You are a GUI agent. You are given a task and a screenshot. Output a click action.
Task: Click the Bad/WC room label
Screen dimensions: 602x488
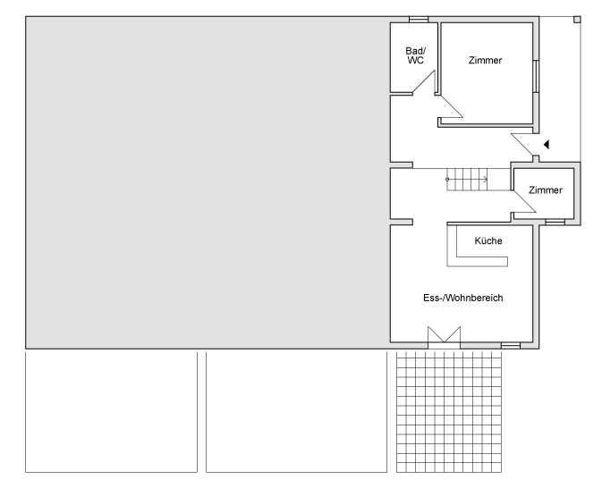tap(416, 55)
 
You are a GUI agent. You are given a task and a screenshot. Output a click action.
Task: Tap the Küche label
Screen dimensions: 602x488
tap(488, 240)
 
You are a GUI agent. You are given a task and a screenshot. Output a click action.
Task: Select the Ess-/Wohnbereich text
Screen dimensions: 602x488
tap(463, 298)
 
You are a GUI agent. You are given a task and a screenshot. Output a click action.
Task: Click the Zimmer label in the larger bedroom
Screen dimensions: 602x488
tap(486, 60)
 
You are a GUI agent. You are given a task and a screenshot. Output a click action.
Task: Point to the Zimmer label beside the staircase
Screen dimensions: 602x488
tap(546, 189)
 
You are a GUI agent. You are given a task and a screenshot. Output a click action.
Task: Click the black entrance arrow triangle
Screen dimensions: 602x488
tap(547, 145)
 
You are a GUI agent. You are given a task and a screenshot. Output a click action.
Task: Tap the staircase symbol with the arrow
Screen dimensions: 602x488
tap(467, 179)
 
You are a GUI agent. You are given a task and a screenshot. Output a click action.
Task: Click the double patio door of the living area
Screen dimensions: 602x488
tap(445, 334)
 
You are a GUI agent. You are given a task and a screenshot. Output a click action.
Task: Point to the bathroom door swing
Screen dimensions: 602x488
tap(423, 81)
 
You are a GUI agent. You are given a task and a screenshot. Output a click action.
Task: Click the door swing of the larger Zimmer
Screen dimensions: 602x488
tap(451, 105)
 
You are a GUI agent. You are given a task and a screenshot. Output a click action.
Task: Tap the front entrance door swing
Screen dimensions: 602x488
tap(522, 145)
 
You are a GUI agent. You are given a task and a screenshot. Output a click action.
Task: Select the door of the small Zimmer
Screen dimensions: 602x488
tap(523, 201)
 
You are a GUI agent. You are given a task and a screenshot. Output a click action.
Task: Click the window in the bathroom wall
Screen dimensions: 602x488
tap(419, 20)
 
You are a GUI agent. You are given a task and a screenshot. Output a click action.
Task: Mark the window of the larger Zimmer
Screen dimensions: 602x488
tap(536, 76)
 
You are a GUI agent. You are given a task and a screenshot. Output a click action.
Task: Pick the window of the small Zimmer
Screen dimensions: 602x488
tap(555, 223)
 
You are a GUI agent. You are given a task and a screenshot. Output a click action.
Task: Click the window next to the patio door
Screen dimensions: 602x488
tap(511, 346)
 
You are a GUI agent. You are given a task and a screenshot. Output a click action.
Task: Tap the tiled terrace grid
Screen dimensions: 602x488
tap(449, 410)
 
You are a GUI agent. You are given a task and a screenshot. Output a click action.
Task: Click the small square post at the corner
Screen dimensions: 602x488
tap(577, 20)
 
